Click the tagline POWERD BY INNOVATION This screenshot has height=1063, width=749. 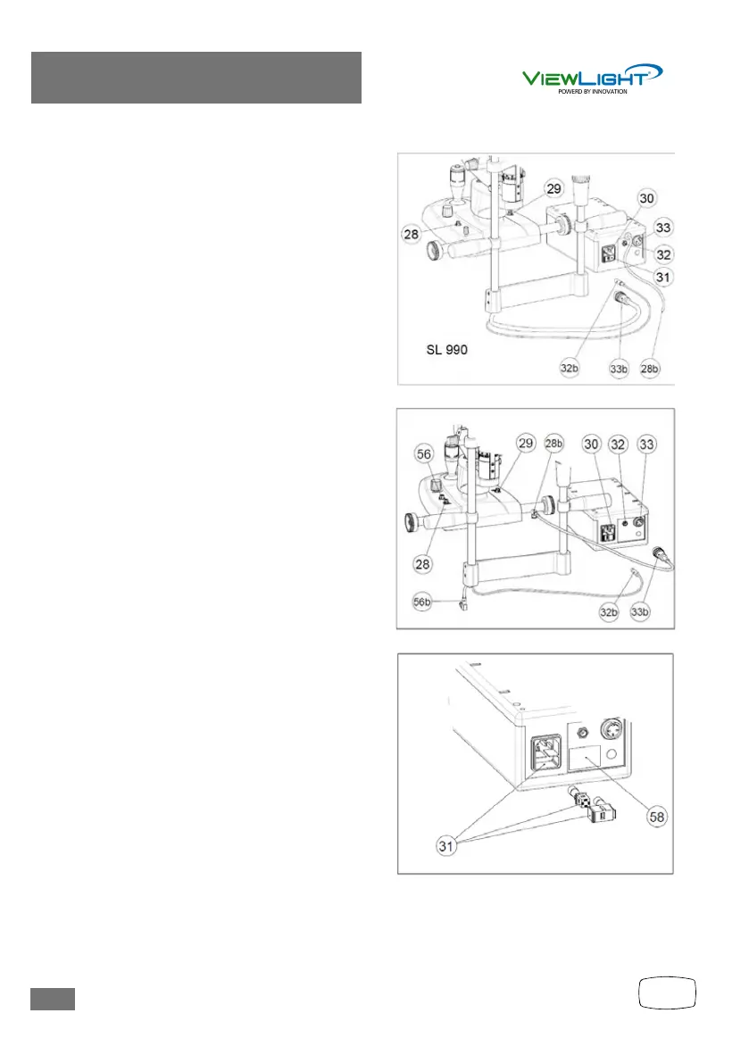point(592,91)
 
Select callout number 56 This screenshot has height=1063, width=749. point(425,453)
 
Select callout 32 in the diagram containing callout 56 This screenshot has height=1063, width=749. point(618,444)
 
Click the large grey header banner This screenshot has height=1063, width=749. point(196,78)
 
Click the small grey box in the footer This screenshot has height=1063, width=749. point(53,999)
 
